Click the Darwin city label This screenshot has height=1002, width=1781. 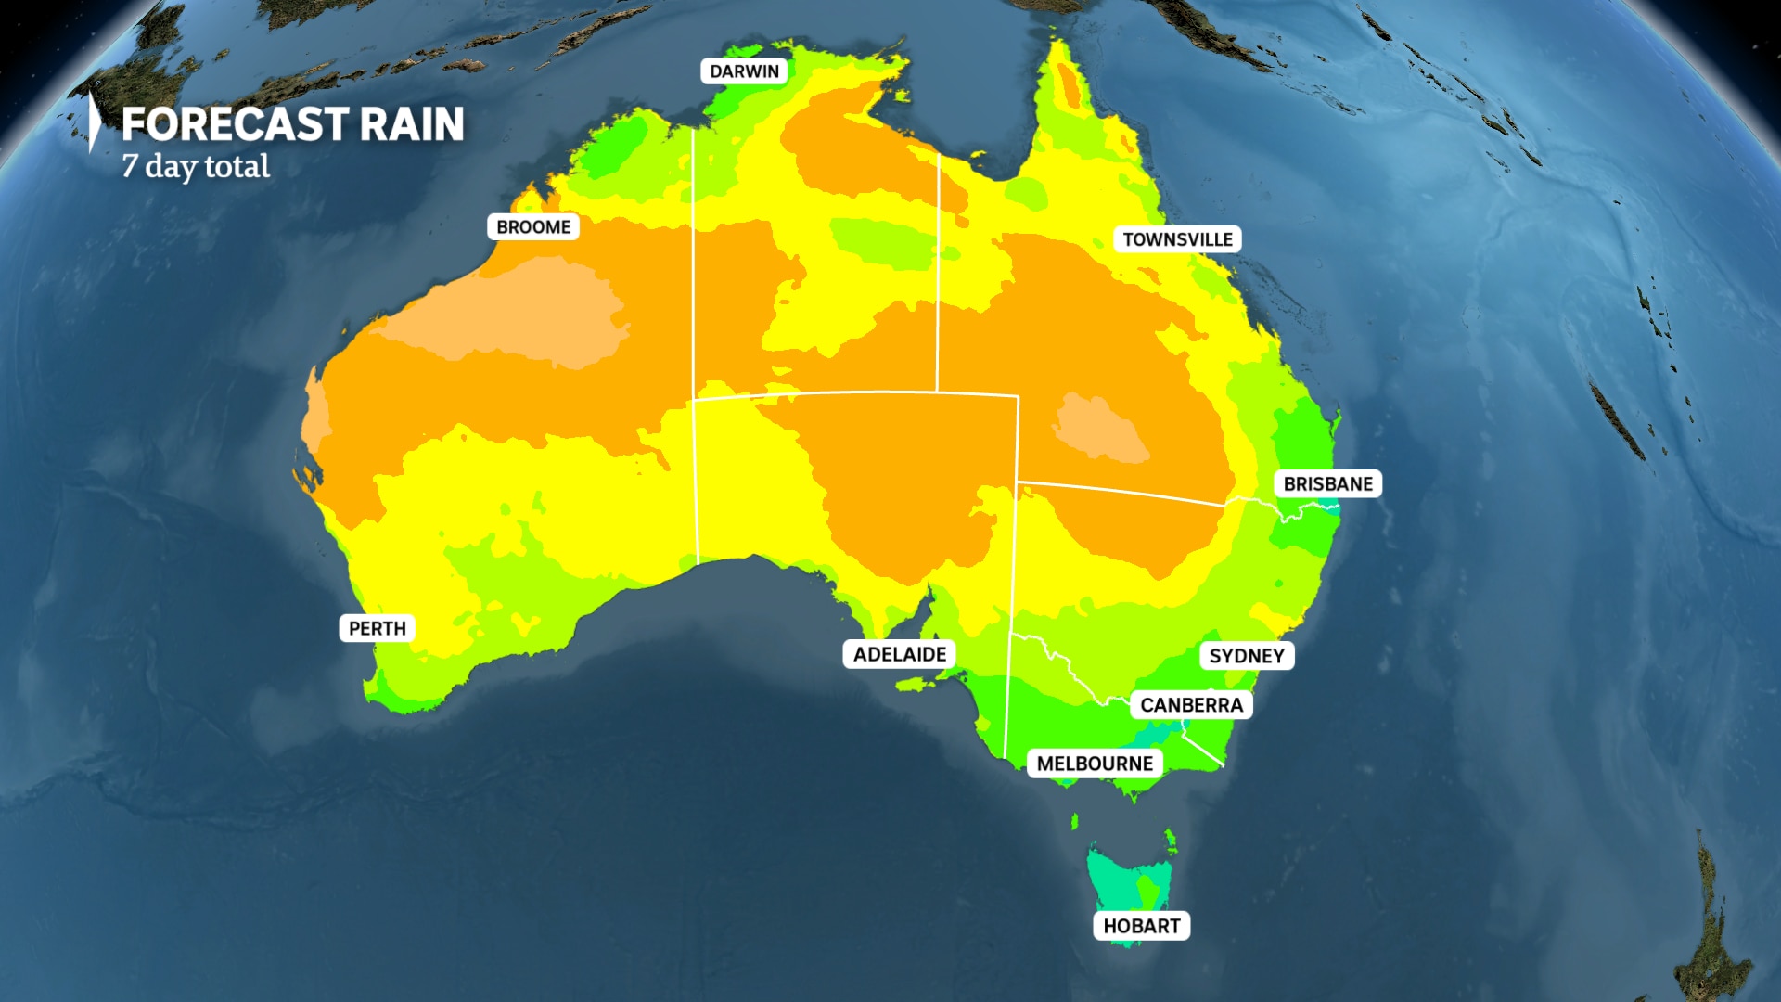click(x=744, y=71)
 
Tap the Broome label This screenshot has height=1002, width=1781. click(x=533, y=227)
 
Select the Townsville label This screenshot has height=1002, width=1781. click(x=1177, y=239)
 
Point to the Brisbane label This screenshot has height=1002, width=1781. click(x=1327, y=484)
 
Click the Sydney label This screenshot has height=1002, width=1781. click(x=1247, y=656)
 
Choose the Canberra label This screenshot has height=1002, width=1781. click(x=1191, y=705)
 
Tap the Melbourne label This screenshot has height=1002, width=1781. click(x=1095, y=764)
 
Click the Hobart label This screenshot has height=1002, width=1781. click(x=1141, y=926)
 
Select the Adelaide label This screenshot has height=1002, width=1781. click(x=899, y=654)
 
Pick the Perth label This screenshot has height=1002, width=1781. click(x=377, y=628)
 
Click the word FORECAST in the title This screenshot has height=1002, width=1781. click(x=234, y=124)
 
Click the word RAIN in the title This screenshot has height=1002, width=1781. click(x=412, y=124)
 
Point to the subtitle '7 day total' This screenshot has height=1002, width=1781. click(x=196, y=167)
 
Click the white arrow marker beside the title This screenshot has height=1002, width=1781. click(x=94, y=122)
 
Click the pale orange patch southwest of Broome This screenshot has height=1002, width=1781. click(x=519, y=311)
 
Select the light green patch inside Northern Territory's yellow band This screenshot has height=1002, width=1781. click(x=881, y=241)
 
